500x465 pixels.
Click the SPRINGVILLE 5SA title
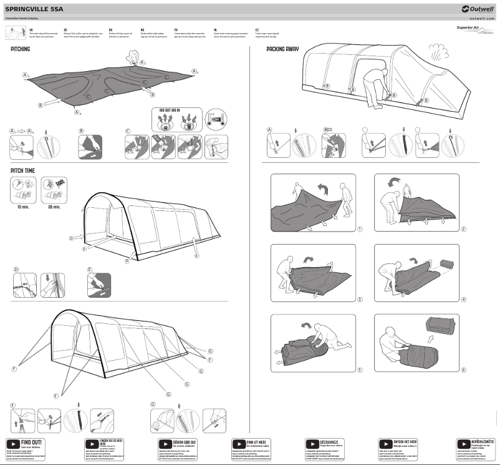(34, 9)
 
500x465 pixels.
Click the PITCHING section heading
(20, 48)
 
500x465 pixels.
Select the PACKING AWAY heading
(282, 48)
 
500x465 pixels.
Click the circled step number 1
(360, 229)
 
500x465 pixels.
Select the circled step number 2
(464, 229)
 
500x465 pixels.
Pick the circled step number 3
(360, 300)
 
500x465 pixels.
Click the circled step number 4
(464, 300)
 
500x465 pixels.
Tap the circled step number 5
(360, 370)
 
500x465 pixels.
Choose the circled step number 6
(464, 370)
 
